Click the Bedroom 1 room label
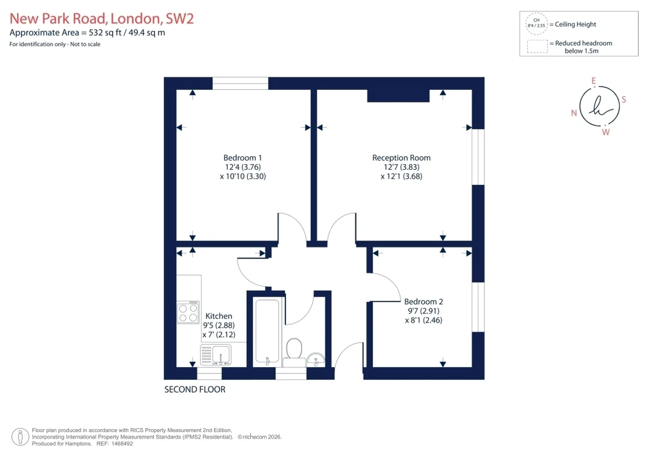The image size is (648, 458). (x=242, y=158)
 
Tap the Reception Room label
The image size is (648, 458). (x=401, y=158)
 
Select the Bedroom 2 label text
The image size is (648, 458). (x=423, y=301)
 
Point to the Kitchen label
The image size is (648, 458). (x=218, y=316)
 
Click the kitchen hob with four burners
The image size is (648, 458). (x=188, y=312)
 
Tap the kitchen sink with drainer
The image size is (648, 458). (x=216, y=355)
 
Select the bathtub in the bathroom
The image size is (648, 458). (x=268, y=332)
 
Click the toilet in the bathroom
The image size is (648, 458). (x=294, y=353)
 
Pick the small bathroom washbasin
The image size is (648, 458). (x=316, y=359)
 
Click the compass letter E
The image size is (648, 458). (x=594, y=80)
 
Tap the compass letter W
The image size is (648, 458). (x=606, y=132)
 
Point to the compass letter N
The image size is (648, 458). (x=574, y=113)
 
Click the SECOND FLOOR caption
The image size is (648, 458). (x=195, y=390)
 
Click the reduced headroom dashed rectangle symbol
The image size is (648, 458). (x=527, y=46)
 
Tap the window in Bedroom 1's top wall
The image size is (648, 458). (x=240, y=83)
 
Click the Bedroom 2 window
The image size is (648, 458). (x=478, y=307)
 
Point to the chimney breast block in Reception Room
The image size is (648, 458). (x=398, y=96)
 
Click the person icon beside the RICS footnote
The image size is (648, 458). (x=20, y=437)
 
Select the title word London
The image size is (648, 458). (x=135, y=19)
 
